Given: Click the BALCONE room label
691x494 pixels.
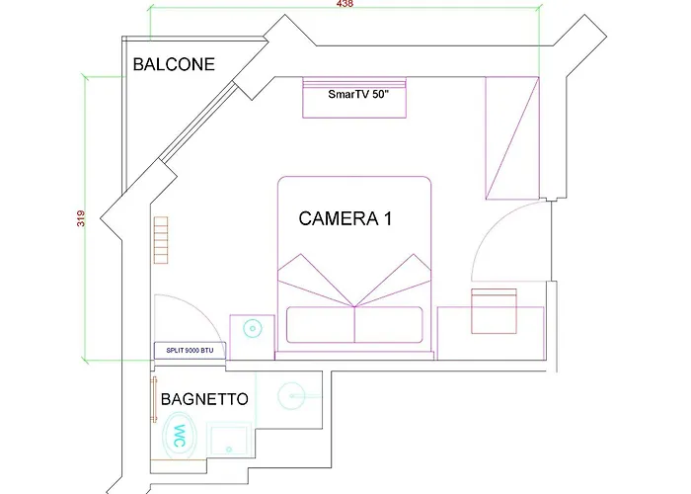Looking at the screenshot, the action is coord(174,64).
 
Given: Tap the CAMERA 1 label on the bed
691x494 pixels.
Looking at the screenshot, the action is coord(345,218).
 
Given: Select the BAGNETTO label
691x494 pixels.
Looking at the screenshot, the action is coord(204,399).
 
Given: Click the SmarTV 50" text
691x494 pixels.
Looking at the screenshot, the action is coord(358,94).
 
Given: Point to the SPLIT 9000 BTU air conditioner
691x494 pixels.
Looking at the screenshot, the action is coord(190,351).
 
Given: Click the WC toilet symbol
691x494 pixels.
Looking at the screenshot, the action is coord(179,436).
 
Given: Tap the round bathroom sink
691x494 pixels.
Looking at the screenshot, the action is coord(292,395).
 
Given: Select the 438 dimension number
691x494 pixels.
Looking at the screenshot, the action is coord(345,4).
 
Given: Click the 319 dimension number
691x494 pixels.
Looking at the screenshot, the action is coord(81,218).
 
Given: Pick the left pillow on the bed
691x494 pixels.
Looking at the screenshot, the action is coord(321,325).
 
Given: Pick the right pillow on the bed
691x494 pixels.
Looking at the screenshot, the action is coord(389,325).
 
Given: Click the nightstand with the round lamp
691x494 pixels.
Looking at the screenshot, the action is coord(252,337).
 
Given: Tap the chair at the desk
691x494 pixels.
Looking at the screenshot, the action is coord(494,311).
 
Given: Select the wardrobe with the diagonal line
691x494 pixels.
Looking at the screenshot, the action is coord(512,138).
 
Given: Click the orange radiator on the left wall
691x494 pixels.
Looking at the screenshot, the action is coord(161,240).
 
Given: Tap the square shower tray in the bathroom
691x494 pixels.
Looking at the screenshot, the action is coord(229,440).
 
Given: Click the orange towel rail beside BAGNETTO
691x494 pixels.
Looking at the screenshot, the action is coord(154,399).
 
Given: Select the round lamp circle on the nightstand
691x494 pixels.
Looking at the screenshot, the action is coord(253,329).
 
